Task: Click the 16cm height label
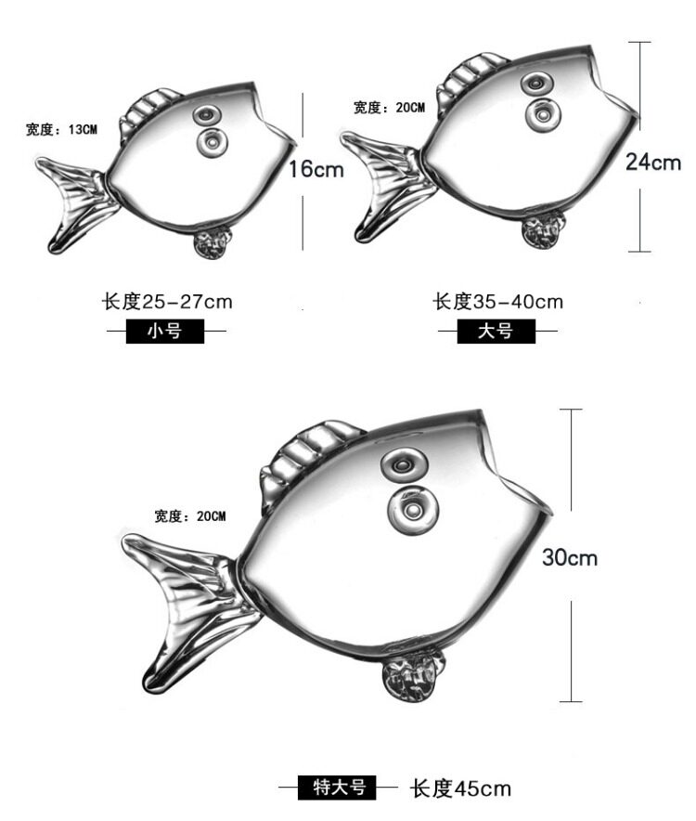[x=316, y=169]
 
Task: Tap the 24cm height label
[x=653, y=163]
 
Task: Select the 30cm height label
[x=570, y=557]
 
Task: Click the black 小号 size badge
[x=165, y=331]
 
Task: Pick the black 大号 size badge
[x=496, y=331]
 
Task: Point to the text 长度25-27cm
[x=167, y=301]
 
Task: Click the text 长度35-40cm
[x=498, y=301]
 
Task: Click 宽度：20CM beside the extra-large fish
[x=190, y=515]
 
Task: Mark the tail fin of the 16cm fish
[x=74, y=200]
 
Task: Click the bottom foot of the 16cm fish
[x=213, y=243]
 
